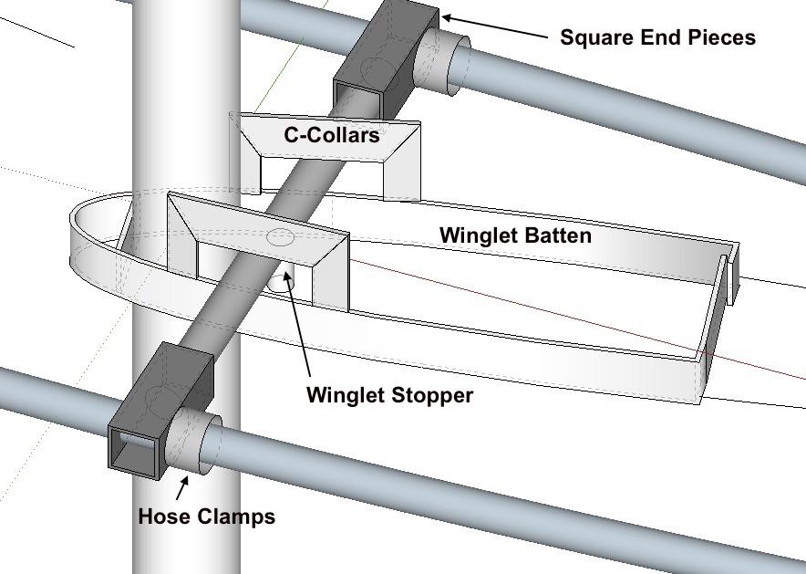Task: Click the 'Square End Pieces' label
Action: [x=657, y=37]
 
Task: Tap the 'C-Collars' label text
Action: [x=332, y=135]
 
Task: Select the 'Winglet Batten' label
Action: [x=515, y=235]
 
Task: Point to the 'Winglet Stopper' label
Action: [x=389, y=395]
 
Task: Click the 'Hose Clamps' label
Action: [x=207, y=517]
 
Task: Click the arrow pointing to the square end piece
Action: [x=495, y=26]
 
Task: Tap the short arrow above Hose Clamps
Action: [x=182, y=487]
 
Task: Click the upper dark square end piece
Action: [x=386, y=57]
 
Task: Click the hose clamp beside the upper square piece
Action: [x=442, y=61]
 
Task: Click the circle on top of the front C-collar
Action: [x=281, y=237]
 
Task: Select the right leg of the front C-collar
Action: [x=331, y=273]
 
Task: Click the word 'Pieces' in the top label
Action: [x=724, y=37]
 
